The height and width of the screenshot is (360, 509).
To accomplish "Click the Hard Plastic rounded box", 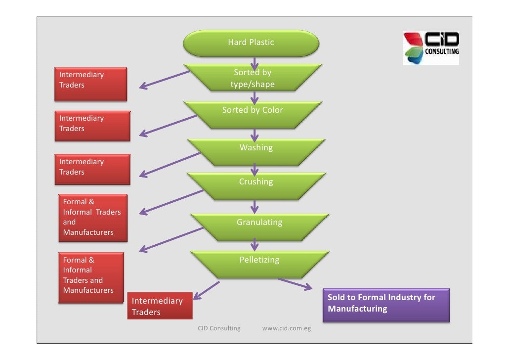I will coord(251,43).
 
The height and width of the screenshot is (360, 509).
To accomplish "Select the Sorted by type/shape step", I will coord(253,78).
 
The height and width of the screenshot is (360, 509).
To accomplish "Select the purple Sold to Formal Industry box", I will coord(386,305).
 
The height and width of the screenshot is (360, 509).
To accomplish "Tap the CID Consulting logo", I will coord(431,48).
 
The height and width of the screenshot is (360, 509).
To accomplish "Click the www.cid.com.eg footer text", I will coord(286,328).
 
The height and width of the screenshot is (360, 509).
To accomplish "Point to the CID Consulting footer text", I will coord(219,328).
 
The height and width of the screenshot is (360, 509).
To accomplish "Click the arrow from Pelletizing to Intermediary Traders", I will coord(206,290).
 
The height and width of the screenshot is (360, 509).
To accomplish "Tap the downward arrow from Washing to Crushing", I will coord(254,170).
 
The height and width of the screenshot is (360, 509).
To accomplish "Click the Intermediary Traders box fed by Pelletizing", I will coord(160,306).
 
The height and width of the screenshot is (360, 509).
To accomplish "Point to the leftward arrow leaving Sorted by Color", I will coord(168,126).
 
